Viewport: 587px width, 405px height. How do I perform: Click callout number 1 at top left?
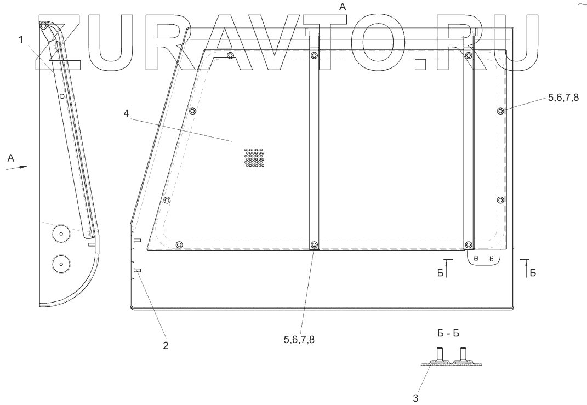21,39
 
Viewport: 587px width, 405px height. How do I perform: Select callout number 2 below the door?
166,345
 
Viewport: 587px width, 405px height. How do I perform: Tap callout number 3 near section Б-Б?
415,397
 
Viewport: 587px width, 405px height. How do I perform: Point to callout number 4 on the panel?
126,113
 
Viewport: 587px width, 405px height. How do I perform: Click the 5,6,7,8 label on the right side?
563,98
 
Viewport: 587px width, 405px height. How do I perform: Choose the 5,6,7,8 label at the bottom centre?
299,339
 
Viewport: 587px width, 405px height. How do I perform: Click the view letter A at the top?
342,6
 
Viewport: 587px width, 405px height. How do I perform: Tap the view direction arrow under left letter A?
17,167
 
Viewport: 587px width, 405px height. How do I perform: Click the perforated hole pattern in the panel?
254,158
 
